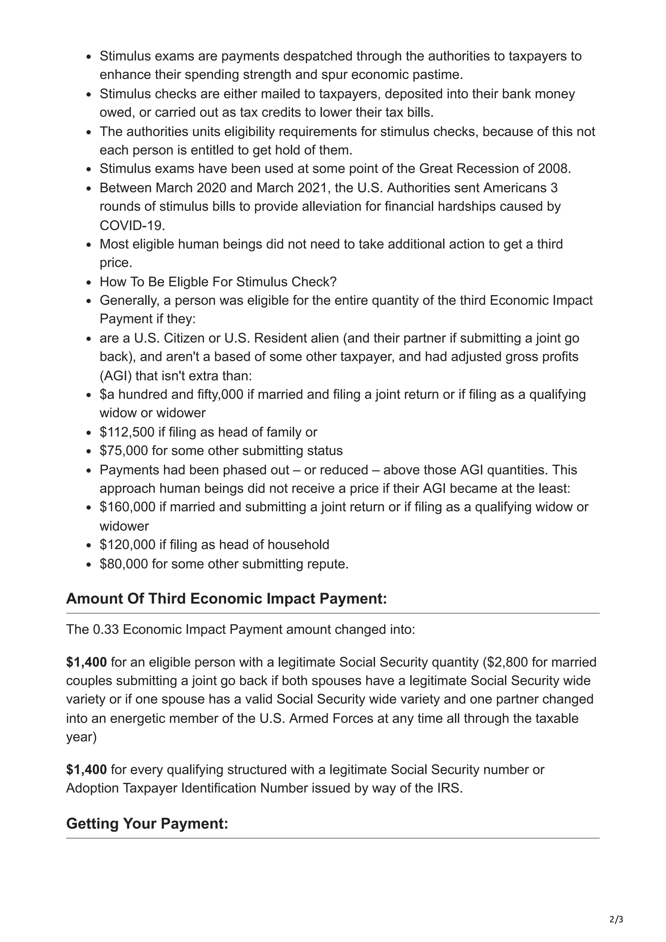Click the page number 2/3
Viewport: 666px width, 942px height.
[x=616, y=920]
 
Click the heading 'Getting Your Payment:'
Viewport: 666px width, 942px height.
[x=147, y=823]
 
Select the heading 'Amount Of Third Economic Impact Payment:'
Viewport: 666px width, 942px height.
[x=227, y=599]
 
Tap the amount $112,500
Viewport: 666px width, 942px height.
[x=127, y=432]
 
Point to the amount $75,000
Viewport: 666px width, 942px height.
[x=124, y=451]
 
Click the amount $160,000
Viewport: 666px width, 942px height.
[x=127, y=507]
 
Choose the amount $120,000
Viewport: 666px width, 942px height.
[x=127, y=544]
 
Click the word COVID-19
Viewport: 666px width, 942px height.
[x=132, y=225]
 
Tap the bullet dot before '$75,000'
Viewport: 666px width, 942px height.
[x=89, y=451]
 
